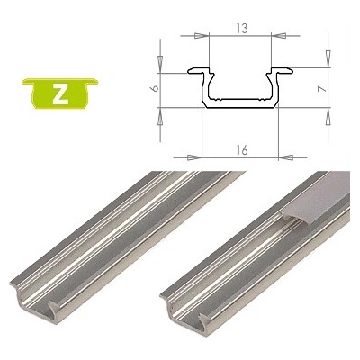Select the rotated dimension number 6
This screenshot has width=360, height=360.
[x=155, y=90]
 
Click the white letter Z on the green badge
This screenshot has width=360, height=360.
[x=58, y=95]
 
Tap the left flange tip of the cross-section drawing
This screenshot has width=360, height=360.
[x=189, y=69]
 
